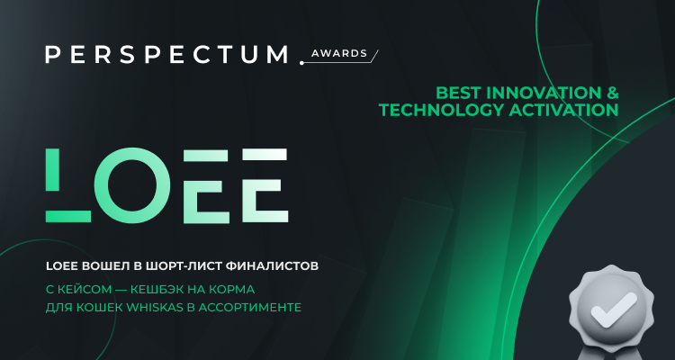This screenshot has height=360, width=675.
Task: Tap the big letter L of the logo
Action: pos(68,184)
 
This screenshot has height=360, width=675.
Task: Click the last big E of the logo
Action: pos(255,184)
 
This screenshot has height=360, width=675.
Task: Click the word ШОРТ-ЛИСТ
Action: pos(184,267)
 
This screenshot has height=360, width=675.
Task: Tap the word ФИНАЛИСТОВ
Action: pos(274,267)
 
